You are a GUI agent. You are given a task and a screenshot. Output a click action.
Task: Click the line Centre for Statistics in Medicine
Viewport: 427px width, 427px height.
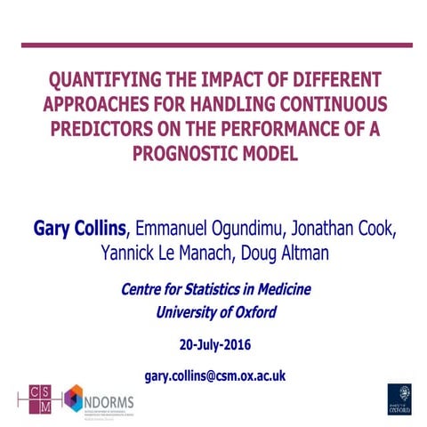(x=214, y=289)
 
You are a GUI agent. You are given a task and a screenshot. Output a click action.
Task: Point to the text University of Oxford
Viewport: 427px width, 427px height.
(x=215, y=311)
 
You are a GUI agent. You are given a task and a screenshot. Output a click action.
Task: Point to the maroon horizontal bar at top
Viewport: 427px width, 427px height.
(x=213, y=44)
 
